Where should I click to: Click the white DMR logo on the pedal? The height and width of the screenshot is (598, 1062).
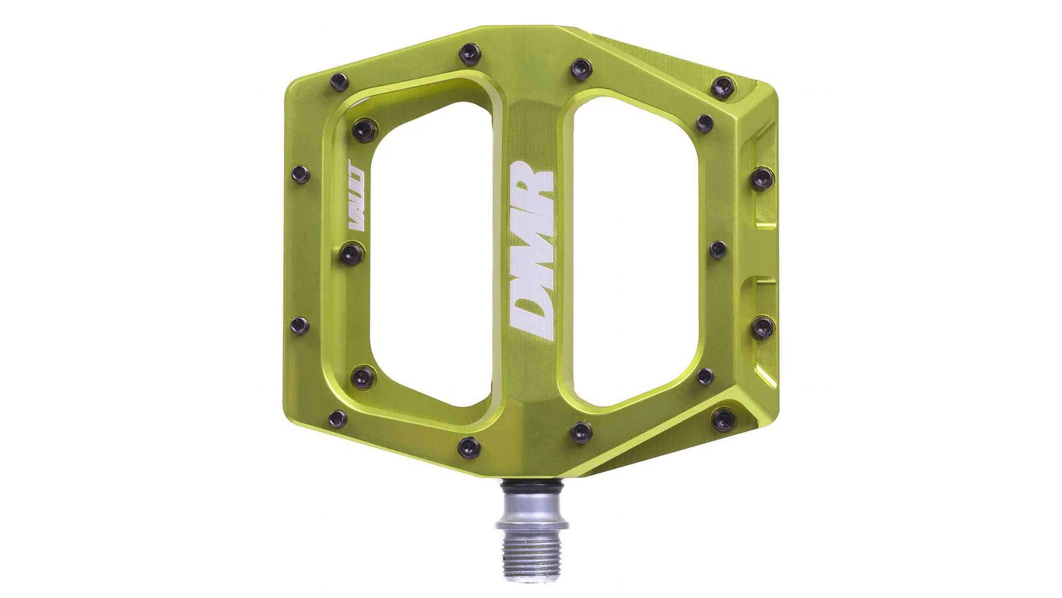(532, 250)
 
